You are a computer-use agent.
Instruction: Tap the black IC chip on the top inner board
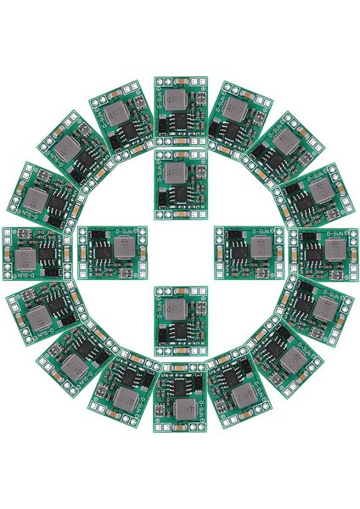[181, 199]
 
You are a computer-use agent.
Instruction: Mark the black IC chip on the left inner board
[101, 251]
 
